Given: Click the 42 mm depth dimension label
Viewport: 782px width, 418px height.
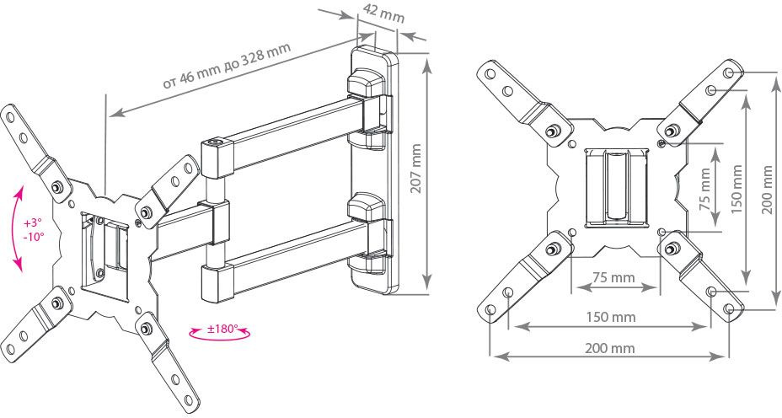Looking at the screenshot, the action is coord(383,13).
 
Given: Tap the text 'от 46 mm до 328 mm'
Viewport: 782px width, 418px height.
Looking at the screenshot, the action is coord(227,66).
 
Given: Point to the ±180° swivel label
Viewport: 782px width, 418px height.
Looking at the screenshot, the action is coord(222,330).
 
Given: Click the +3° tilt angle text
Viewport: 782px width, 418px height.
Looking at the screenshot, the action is coord(32,223).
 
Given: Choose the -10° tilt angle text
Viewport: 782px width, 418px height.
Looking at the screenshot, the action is coord(34,236).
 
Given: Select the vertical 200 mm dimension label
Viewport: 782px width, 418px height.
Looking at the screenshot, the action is coord(768,190).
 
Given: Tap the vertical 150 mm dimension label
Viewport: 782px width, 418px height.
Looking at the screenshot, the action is coord(737,189).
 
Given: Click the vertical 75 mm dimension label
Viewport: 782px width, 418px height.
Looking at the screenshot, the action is coord(705,189).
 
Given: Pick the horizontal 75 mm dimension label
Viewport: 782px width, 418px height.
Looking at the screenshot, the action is coord(614,277).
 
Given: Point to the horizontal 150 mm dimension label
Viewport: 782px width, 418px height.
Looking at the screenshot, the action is coord(611,317).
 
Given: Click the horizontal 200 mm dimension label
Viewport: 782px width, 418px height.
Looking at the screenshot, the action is coord(610,348).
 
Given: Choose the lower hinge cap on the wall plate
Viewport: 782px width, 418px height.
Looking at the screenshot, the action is coord(367,207).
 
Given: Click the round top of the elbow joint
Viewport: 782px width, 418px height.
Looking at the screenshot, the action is coord(217,142).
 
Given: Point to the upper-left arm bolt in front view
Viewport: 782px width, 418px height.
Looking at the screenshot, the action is coord(552,131).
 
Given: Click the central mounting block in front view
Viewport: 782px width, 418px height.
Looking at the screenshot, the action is coord(617,188).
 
